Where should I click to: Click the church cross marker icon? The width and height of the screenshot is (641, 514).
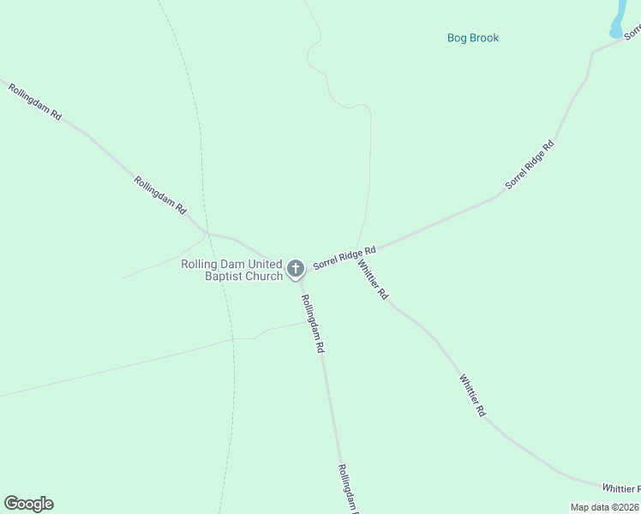[x=296, y=269]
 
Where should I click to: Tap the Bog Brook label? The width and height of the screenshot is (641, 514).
[x=473, y=38]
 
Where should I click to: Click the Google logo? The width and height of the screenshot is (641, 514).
[x=28, y=504]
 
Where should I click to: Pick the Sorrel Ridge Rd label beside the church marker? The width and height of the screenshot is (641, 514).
[x=344, y=258]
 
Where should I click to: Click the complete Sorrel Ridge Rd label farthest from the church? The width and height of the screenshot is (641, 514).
[x=530, y=164]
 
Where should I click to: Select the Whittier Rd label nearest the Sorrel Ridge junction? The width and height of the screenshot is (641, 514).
[x=373, y=280]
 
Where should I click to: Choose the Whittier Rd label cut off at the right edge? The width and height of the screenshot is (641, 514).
[x=620, y=487]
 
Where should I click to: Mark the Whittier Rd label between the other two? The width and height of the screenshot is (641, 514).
[x=472, y=395]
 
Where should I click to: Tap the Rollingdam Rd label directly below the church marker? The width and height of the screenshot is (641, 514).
[x=312, y=325]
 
